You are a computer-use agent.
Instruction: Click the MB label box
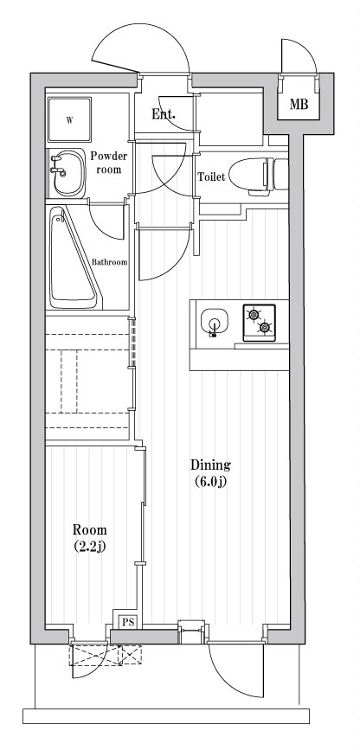(299, 106)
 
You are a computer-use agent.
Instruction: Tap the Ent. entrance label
(164, 113)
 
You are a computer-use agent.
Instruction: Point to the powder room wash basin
(62, 172)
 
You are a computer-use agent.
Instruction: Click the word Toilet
(213, 176)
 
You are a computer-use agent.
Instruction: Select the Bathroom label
(111, 262)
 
